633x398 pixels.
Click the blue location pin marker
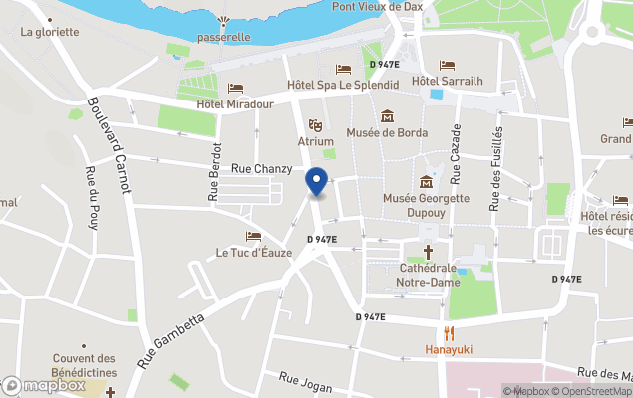coord(316,182)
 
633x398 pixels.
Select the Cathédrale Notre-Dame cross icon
coord(429,252)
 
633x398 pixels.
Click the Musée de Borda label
coord(387,132)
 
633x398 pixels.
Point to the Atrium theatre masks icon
coord(315,124)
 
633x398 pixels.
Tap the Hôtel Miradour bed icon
coord(235,89)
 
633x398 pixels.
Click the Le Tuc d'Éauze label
coord(254,252)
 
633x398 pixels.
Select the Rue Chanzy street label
coord(261,169)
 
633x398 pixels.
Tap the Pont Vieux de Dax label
coord(378,7)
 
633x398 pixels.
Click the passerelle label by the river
coord(223,37)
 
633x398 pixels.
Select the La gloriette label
coord(49,31)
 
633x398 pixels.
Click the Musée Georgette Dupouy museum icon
coord(427,181)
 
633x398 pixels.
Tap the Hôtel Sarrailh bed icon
coord(447,65)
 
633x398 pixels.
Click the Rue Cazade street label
coord(457,154)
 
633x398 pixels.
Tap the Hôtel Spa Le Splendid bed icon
coord(343,69)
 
